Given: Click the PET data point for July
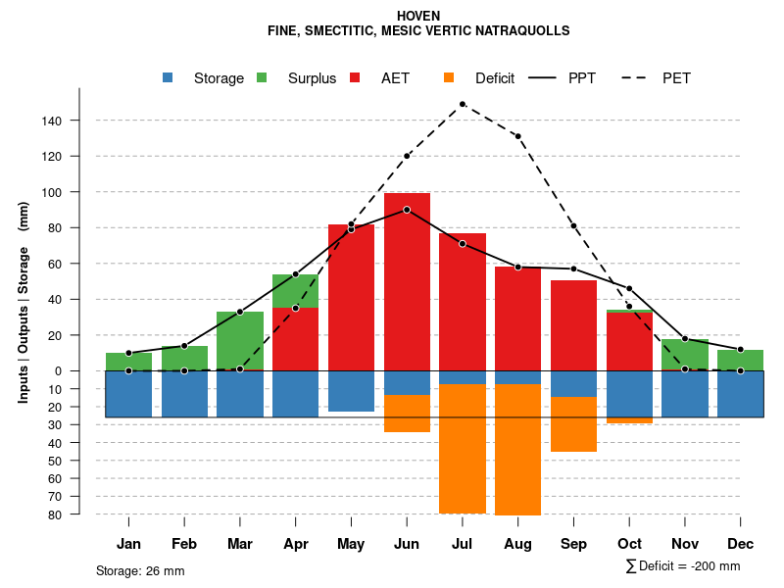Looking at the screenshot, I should (x=462, y=104).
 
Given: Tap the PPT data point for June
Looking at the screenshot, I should (x=407, y=210).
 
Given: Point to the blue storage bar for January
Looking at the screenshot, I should (x=128, y=394).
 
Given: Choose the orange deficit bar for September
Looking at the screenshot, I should (x=573, y=424).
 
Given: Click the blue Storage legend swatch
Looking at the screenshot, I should (x=169, y=78).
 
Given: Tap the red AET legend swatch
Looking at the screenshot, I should (x=355, y=78).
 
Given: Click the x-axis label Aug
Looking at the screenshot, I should (x=517, y=544).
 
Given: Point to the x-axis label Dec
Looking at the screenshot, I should (x=741, y=544).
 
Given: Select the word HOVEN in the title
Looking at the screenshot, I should (x=418, y=16).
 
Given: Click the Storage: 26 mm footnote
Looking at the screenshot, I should (x=140, y=570).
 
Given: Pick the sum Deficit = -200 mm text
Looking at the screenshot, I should (x=682, y=565).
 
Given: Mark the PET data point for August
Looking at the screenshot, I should (x=517, y=136).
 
